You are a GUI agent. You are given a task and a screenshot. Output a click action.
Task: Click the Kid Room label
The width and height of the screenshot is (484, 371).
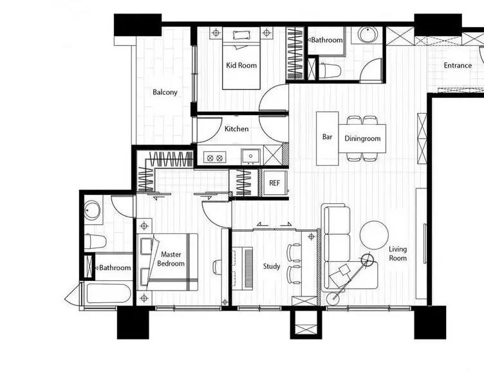click(x=241, y=66)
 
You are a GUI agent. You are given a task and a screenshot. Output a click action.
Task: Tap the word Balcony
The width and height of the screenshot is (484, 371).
click(x=165, y=92)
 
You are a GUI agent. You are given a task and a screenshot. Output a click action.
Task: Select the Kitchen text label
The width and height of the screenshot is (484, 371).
click(x=236, y=129)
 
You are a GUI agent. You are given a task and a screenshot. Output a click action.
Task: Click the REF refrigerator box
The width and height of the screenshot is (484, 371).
click(x=274, y=183)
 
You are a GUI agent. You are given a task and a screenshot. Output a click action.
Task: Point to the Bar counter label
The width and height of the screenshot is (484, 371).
click(x=327, y=136)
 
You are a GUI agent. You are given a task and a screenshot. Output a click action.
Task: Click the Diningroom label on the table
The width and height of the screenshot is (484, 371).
click(x=362, y=139)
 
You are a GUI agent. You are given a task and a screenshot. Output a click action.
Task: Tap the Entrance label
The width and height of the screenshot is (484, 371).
click(x=458, y=66)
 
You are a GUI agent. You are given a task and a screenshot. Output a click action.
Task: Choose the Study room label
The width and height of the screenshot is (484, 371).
click(x=272, y=266)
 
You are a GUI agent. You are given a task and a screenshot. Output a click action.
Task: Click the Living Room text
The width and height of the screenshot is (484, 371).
click(x=398, y=253)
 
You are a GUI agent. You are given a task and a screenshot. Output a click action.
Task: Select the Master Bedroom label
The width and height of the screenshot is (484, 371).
click(x=171, y=259)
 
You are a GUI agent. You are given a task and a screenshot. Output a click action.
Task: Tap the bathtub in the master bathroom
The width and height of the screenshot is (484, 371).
click(x=109, y=294)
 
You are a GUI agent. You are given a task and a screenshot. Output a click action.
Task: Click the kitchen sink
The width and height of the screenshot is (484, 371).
click(x=250, y=156)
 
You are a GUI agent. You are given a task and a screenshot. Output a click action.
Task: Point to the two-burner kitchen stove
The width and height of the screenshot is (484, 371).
click(x=215, y=158)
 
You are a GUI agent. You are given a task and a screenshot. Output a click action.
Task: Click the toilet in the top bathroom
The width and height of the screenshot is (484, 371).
click(x=330, y=71)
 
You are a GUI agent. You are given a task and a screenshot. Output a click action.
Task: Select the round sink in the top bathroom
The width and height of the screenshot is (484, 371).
click(x=368, y=35)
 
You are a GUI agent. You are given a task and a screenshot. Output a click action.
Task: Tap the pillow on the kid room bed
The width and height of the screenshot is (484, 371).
click(x=241, y=35)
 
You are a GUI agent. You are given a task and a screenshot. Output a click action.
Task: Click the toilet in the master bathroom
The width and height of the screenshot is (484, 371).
click(x=96, y=242)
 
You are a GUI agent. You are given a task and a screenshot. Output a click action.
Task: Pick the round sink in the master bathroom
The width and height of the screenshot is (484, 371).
click(x=92, y=210)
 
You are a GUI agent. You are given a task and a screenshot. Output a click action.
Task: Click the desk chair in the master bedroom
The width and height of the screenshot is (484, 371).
click(x=218, y=266)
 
